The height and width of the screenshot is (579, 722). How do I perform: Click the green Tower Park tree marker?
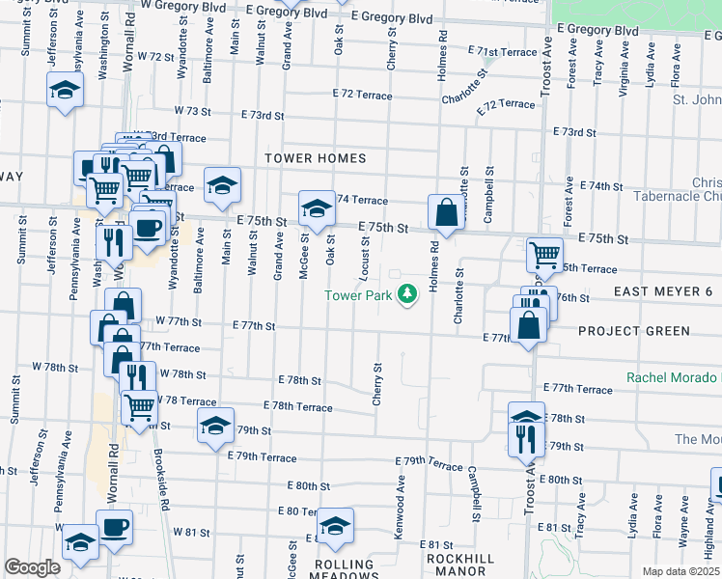click(x=407, y=292)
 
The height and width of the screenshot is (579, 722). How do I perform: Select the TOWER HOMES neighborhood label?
click(x=317, y=158)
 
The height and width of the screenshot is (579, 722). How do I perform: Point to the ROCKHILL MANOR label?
click(x=459, y=565)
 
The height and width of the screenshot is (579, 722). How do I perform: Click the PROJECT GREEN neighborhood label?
click(x=634, y=331)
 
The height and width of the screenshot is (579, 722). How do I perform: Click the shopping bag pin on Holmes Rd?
click(x=446, y=213)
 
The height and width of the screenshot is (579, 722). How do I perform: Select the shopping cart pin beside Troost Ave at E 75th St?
click(x=544, y=255)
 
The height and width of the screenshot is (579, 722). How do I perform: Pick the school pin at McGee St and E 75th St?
click(x=315, y=207)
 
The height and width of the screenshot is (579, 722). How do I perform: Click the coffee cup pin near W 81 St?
click(x=114, y=528)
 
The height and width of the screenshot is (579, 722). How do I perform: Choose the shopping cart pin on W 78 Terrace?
click(x=140, y=407)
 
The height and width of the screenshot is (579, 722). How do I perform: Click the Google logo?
click(x=32, y=567)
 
